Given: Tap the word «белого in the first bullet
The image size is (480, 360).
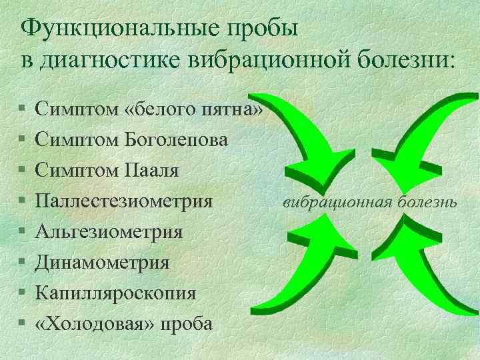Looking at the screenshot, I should pyautogui.click(x=159, y=109).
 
